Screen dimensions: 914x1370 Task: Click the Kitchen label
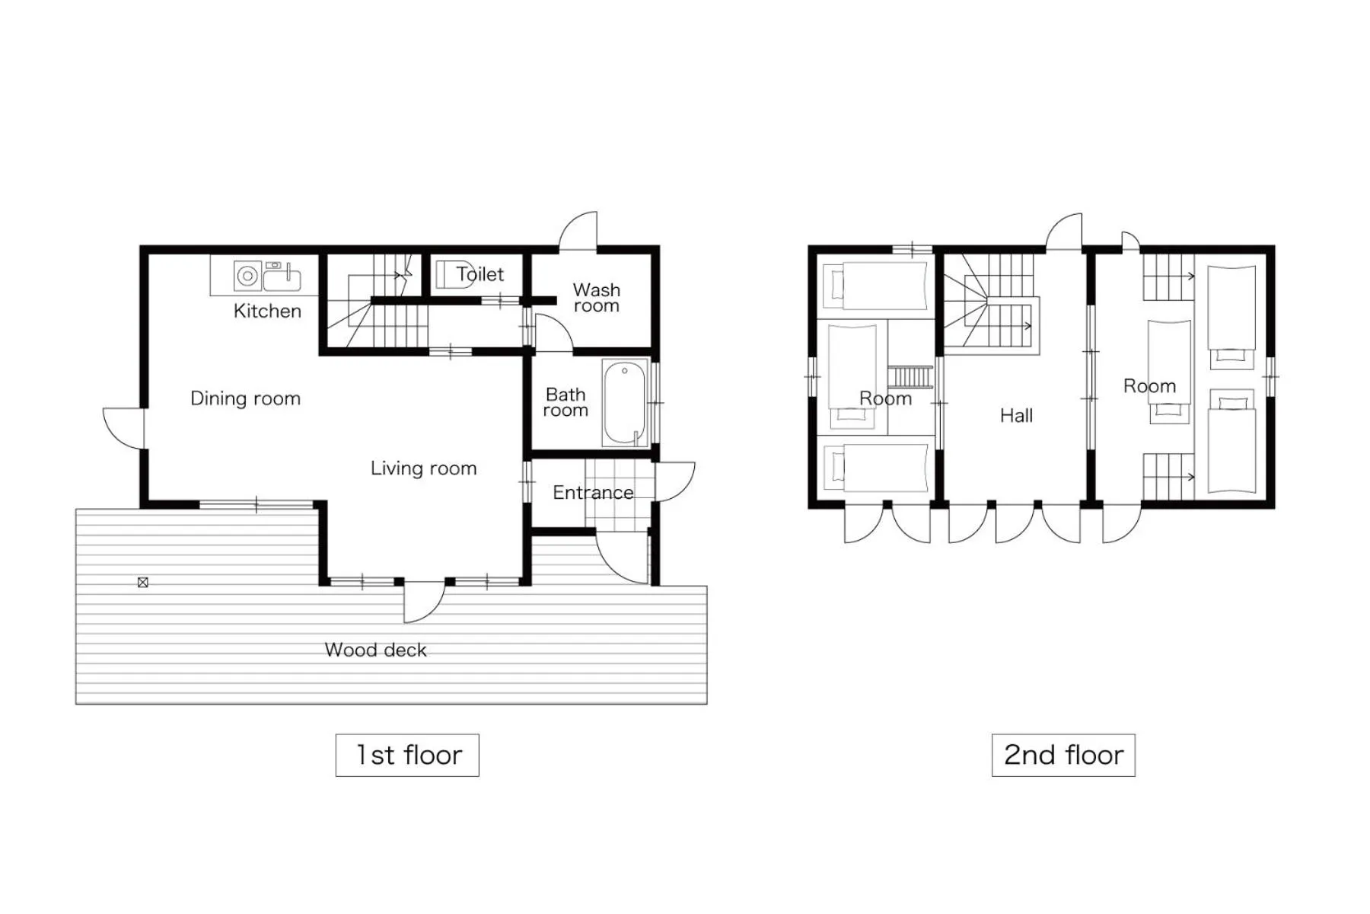pyautogui.click(x=267, y=311)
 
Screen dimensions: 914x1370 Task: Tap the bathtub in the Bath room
pyautogui.click(x=625, y=403)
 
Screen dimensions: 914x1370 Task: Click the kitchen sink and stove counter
pyautogui.click(x=265, y=276)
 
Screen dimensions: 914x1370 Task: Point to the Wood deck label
pyautogui.click(x=375, y=650)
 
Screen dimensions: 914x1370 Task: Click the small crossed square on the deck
pyautogui.click(x=142, y=583)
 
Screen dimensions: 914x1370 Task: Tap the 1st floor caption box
pyautogui.click(x=407, y=755)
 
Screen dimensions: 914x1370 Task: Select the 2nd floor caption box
pyautogui.click(x=1063, y=755)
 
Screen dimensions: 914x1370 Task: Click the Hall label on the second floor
pyautogui.click(x=1016, y=416)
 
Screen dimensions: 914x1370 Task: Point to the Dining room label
pyautogui.click(x=245, y=398)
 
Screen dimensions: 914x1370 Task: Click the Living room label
pyautogui.click(x=423, y=468)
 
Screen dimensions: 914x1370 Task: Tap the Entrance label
pyautogui.click(x=592, y=493)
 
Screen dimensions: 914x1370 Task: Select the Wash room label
pyautogui.click(x=596, y=298)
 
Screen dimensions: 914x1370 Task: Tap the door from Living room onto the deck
pyautogui.click(x=422, y=601)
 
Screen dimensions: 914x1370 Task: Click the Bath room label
pyautogui.click(x=565, y=402)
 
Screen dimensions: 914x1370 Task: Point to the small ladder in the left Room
pyautogui.click(x=910, y=377)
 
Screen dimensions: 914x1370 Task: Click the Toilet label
pyautogui.click(x=480, y=274)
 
